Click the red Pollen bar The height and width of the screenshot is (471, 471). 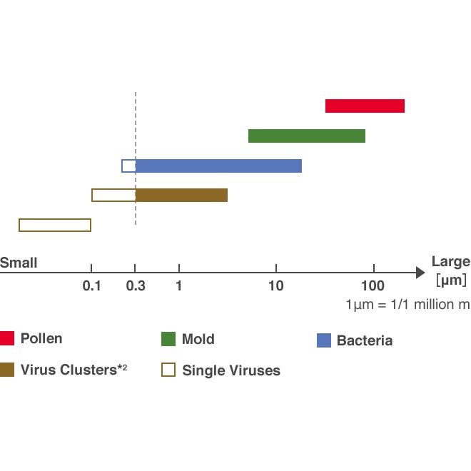[x=365, y=106]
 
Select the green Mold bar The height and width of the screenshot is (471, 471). [x=307, y=136]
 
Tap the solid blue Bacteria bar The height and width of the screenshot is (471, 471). [x=218, y=166]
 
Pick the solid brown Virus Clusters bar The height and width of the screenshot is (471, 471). [x=181, y=196]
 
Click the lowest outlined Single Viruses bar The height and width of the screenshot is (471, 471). [x=55, y=226]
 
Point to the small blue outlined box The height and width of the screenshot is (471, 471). [x=128, y=166]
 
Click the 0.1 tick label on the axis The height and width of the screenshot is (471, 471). [x=91, y=286]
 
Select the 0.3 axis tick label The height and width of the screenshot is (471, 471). [x=136, y=286]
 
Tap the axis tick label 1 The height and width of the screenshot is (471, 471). [x=178, y=286]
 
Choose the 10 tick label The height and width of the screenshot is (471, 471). [x=276, y=286]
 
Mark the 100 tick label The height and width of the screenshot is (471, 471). [x=373, y=286]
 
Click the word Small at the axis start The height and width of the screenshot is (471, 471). [x=19, y=263]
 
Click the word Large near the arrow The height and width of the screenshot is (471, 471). [x=450, y=261]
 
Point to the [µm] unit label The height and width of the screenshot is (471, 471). [x=451, y=280]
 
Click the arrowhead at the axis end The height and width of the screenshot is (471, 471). [x=420, y=272]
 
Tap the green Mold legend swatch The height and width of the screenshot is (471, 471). [x=169, y=339]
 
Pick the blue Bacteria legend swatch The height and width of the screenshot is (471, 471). [x=324, y=340]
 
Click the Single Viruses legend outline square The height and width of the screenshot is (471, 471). [x=169, y=370]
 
